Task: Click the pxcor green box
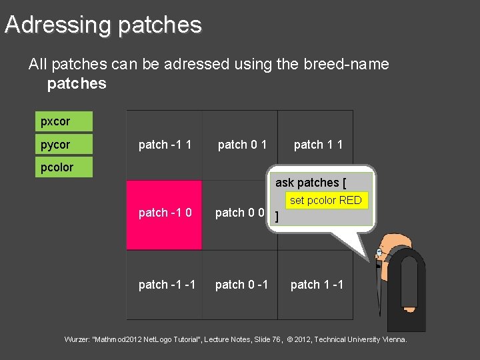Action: [64, 121]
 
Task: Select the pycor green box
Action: [64, 144]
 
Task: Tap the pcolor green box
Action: [64, 167]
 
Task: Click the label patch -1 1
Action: [165, 145]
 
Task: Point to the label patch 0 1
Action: [243, 145]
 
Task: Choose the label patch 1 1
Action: [318, 145]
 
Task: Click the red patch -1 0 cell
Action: [164, 215]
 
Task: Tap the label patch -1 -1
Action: [167, 285]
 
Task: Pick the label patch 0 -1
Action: [241, 285]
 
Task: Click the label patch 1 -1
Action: [317, 285]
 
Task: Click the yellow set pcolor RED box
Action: [326, 200]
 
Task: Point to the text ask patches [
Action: [310, 183]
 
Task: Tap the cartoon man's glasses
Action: [380, 253]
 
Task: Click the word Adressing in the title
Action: [57, 25]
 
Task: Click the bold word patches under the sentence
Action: [77, 83]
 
